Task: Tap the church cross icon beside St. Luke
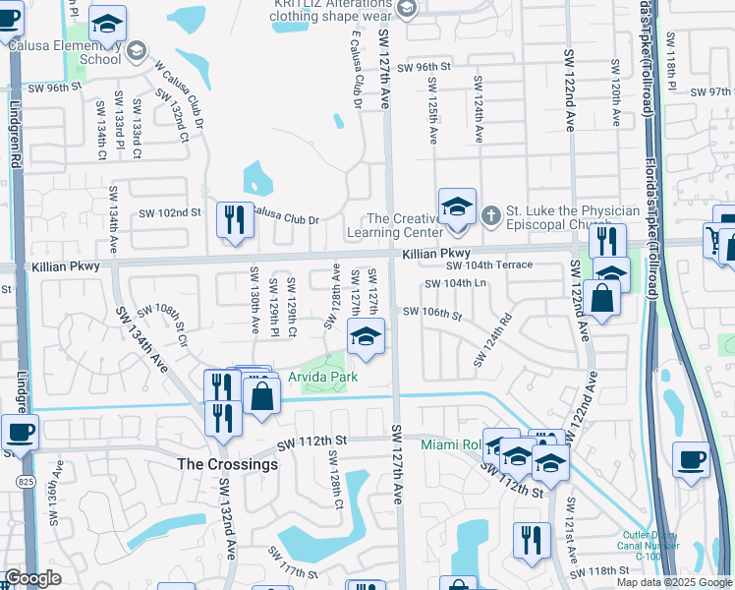[x=491, y=211]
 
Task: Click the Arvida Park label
[x=322, y=377]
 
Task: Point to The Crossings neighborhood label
[x=226, y=464]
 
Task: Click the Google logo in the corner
[x=32, y=578]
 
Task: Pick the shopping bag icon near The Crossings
[x=261, y=396]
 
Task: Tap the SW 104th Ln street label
[x=455, y=283]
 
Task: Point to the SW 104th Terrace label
[x=489, y=265]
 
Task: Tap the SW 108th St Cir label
[x=161, y=322]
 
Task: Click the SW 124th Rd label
[x=492, y=339]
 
